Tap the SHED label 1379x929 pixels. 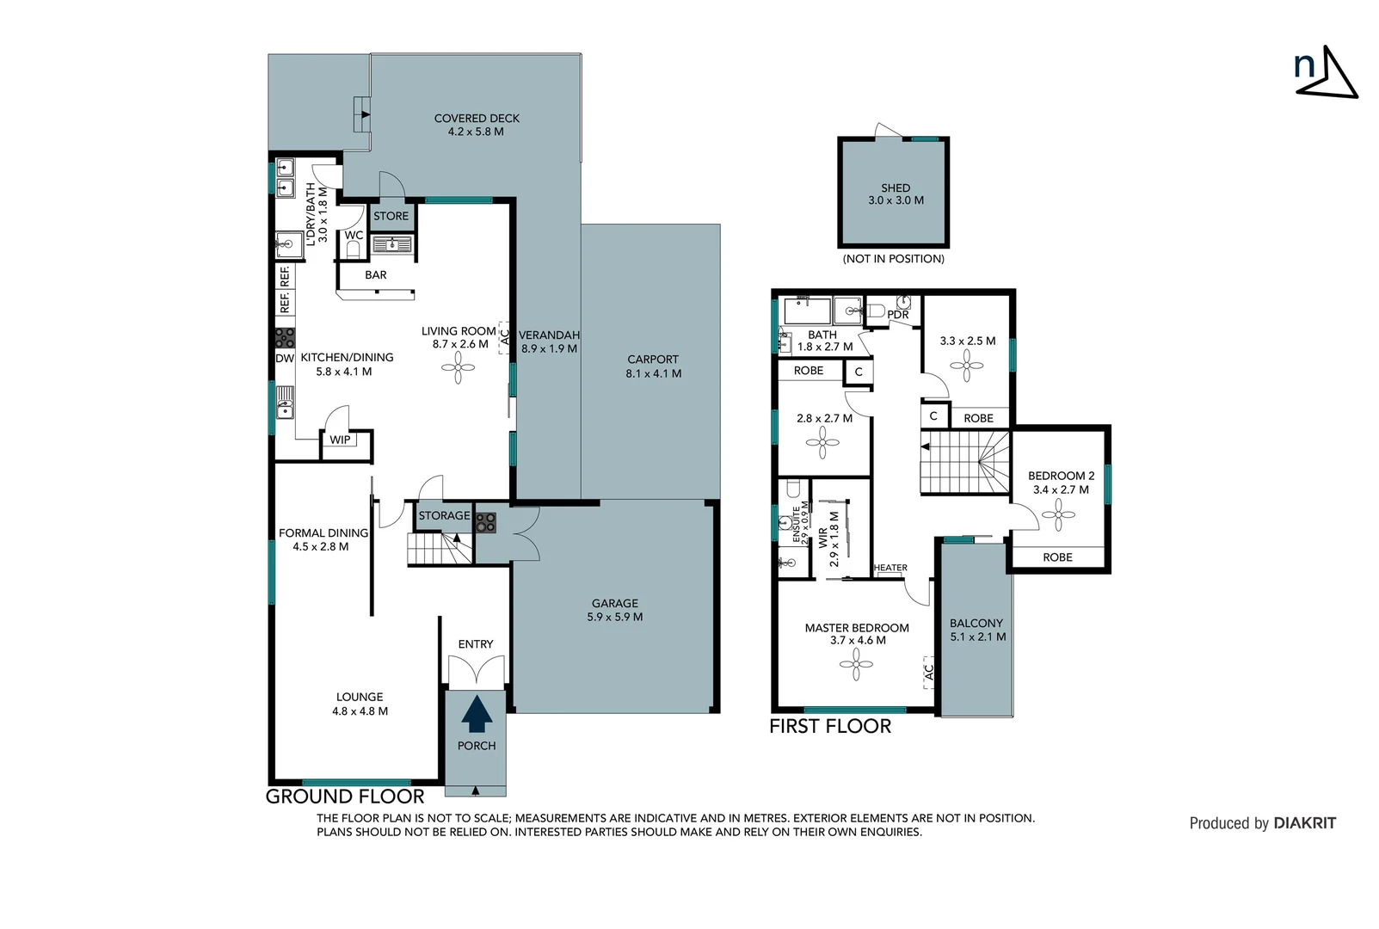coord(895,188)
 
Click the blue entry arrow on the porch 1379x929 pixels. coord(477,713)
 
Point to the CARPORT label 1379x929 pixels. coord(652,360)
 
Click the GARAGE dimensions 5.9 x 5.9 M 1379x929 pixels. coord(614,617)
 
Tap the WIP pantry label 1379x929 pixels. coord(340,440)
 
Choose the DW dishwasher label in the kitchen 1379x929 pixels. coord(285,358)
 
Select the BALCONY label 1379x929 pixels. coord(976,623)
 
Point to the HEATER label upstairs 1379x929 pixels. coord(890,568)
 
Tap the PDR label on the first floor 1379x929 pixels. coord(897,315)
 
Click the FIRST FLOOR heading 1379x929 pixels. coord(829,726)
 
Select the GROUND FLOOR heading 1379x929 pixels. coord(344,797)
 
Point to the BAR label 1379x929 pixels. coord(376,275)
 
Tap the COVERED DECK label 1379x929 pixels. coord(477,119)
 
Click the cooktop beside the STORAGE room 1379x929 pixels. coord(485,522)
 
